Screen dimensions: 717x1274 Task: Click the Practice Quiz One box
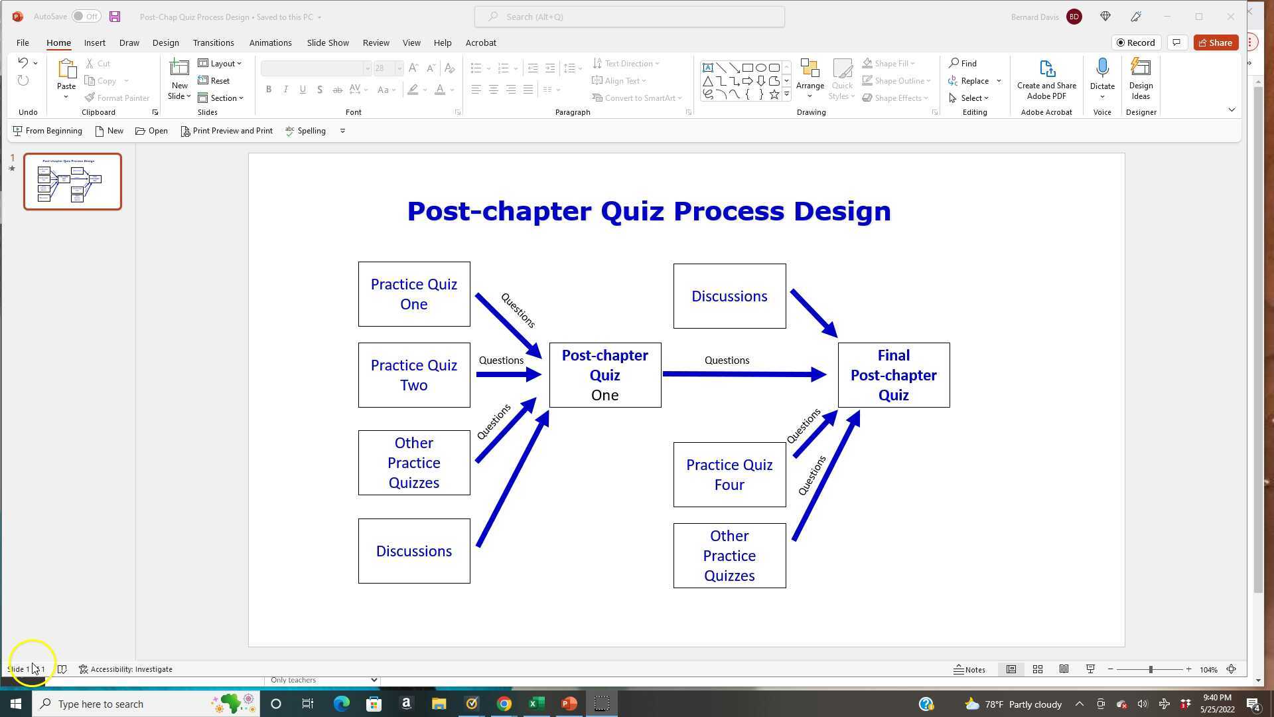click(414, 294)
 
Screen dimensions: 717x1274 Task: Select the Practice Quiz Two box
click(414, 375)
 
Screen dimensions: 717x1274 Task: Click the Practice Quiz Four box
click(729, 475)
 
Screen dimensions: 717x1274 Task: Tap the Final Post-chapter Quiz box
click(893, 375)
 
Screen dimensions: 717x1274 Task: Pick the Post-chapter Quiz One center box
click(604, 375)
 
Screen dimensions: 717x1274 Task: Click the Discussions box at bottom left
click(414, 551)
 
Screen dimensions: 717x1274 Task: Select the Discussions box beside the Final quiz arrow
click(729, 296)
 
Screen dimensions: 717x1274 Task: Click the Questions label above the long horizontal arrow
click(727, 360)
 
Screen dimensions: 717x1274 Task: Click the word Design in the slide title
click(842, 211)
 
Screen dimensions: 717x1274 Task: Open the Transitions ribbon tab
click(213, 42)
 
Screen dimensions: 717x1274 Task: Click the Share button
click(1216, 42)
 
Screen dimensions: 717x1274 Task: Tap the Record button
click(1136, 42)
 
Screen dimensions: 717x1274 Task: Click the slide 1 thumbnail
click(72, 181)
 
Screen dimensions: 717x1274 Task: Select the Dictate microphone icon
click(1102, 68)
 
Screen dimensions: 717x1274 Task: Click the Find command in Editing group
click(963, 63)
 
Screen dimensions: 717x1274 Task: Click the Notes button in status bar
click(969, 669)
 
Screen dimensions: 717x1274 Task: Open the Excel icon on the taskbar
click(536, 704)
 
